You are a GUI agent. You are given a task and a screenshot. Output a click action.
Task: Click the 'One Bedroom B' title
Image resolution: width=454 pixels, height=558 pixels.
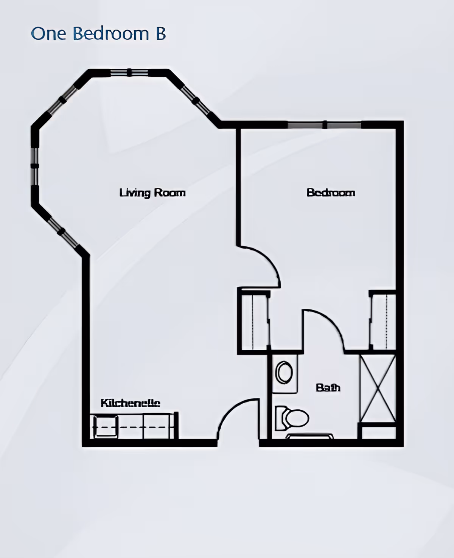point(98,34)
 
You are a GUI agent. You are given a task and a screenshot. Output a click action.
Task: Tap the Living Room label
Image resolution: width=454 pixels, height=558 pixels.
point(152,193)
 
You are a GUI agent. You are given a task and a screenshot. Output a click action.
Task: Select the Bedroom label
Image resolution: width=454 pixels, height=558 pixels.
point(331,193)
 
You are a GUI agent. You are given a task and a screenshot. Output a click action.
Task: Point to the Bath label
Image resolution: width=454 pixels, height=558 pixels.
point(328,388)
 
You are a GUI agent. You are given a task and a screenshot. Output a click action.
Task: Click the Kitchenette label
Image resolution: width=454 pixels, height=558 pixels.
point(130,403)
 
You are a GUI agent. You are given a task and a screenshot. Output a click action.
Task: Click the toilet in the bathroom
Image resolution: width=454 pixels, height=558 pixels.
point(292,418)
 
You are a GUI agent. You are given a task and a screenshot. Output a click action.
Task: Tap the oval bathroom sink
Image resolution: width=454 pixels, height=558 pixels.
point(284,372)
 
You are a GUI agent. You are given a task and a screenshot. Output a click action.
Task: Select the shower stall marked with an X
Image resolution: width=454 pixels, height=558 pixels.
point(378,389)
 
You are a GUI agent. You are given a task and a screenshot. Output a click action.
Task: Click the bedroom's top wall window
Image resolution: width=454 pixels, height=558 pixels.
point(325,125)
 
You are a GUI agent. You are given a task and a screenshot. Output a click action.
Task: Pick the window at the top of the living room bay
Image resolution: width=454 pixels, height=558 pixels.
point(129,72)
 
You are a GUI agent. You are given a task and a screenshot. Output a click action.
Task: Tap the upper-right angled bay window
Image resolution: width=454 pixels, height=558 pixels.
point(195,101)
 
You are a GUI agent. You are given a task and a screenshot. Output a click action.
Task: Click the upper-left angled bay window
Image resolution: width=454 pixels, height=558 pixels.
point(62,100)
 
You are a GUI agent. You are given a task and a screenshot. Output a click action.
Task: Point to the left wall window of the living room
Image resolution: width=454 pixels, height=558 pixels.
point(34,166)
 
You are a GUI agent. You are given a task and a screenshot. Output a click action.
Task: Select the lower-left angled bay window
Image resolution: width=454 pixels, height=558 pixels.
point(62,232)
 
